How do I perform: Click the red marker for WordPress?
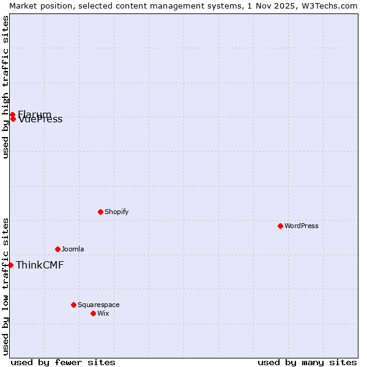coord(280,226)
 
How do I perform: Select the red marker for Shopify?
coord(100,212)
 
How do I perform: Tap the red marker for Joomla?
coord(57,249)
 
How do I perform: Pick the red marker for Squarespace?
coord(73,305)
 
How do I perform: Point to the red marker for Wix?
coord(93,313)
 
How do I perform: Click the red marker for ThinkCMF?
coord(10,265)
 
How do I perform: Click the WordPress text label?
coord(302,226)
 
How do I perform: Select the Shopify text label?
coord(116,212)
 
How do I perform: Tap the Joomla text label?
coord(73,249)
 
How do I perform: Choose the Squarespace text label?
coord(98,305)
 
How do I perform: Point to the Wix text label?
coord(103,313)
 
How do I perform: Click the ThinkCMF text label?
coord(40,265)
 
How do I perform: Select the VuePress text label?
coord(40,119)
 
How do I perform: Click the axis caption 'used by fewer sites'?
coord(63,362)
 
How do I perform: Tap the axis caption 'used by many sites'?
coord(307,362)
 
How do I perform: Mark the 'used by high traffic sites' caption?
coord(6,87)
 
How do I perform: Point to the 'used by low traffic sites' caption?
coord(6,286)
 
